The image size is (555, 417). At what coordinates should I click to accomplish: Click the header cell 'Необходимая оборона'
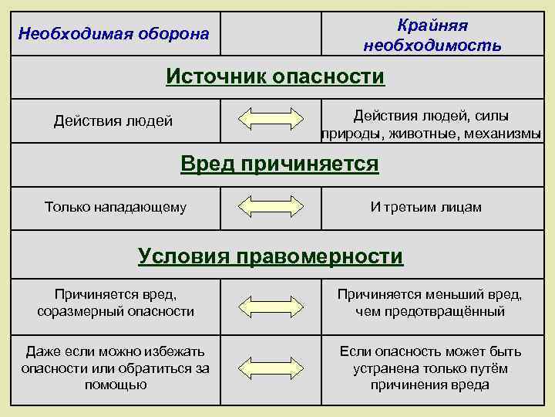113,34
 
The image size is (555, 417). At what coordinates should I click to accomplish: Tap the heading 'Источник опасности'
275,76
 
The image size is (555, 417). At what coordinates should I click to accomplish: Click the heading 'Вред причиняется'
279,164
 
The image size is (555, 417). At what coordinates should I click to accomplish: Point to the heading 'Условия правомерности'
271,256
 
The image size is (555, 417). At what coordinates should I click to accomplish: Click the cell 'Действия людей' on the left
113,120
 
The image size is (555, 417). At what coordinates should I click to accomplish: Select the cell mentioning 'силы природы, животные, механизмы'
431,124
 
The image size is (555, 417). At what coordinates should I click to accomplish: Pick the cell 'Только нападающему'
116,207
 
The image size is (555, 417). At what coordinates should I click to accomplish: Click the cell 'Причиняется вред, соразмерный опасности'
116,303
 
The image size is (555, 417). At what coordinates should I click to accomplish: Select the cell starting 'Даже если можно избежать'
116,368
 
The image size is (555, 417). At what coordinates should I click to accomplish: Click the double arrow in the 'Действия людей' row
271,120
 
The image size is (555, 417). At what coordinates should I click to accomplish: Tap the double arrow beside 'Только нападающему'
271,207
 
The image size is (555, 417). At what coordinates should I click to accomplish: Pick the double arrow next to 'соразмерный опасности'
271,303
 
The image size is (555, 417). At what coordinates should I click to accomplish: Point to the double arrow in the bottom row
271,368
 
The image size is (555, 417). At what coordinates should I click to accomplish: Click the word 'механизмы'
503,133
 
